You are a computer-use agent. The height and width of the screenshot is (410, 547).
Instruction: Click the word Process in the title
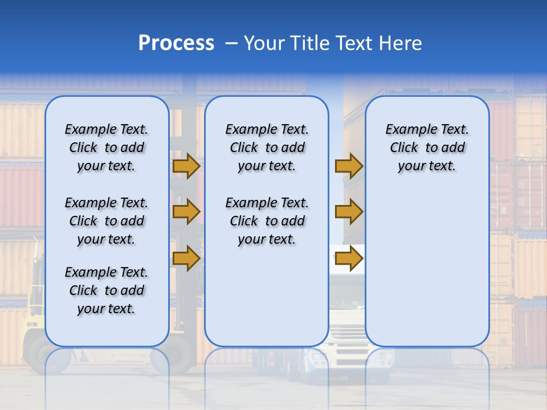coord(176,43)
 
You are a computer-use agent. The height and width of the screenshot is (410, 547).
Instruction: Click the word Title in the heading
coord(311,43)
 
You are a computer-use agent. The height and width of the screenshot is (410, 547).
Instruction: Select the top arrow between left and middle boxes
coord(186,166)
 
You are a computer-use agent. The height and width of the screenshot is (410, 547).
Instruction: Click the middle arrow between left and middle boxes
coord(186,212)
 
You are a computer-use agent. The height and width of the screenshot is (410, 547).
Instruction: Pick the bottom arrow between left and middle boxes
coord(186,257)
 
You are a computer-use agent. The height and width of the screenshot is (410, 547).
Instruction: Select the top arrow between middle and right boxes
coord(349,166)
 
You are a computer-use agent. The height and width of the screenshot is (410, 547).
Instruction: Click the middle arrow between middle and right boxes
coord(349,212)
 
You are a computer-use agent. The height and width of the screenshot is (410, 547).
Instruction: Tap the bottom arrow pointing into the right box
coord(349,259)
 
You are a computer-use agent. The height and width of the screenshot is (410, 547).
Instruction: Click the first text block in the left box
coord(106,147)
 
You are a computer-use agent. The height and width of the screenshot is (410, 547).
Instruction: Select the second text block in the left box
coord(106,221)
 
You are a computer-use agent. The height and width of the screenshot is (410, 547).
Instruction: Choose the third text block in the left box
coord(106,290)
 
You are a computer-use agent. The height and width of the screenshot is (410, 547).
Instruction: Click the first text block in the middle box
coord(267,147)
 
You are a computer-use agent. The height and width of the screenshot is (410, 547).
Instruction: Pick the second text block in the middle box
coord(267,221)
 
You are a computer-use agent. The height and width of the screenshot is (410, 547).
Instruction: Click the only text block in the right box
coord(427,147)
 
